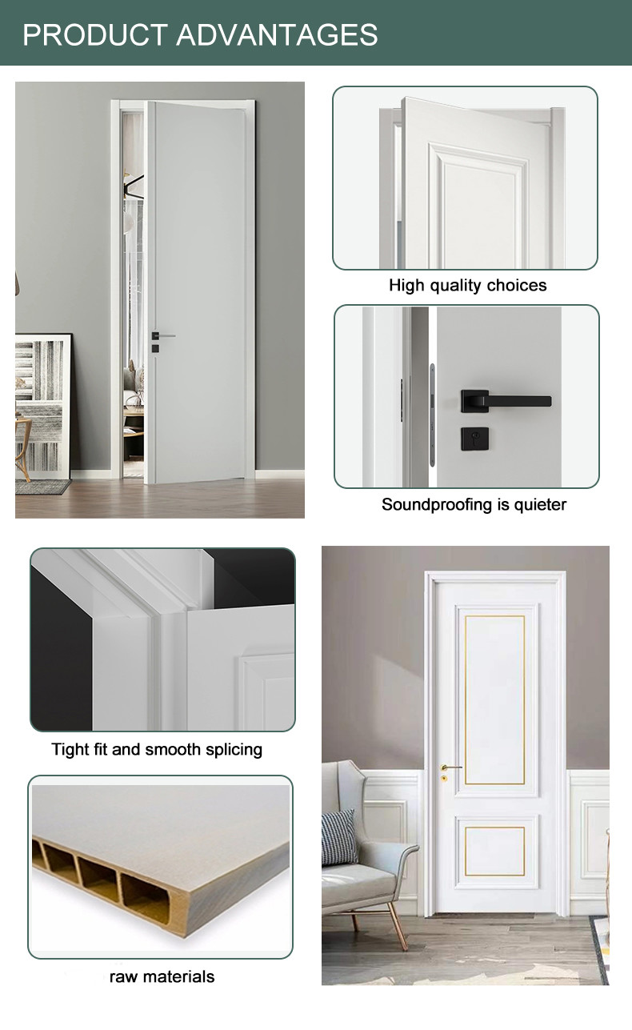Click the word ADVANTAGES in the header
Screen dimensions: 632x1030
click(277, 34)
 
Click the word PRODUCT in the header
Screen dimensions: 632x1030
click(95, 34)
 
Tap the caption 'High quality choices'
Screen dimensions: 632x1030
click(467, 286)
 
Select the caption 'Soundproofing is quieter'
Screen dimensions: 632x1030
click(474, 504)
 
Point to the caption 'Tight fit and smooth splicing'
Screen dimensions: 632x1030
click(157, 749)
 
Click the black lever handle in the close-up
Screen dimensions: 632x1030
click(506, 400)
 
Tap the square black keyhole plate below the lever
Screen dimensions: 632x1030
click(475, 439)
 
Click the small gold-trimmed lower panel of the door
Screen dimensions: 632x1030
click(494, 851)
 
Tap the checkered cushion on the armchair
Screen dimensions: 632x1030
click(339, 838)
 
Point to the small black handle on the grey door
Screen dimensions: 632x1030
click(163, 335)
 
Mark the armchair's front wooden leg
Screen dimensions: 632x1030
click(398, 924)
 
